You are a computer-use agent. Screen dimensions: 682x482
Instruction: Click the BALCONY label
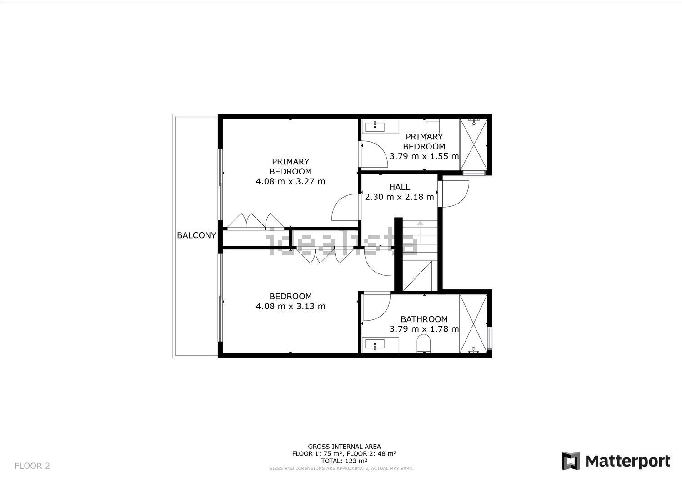click(x=196, y=235)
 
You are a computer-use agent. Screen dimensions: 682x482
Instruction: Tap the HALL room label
click(x=400, y=187)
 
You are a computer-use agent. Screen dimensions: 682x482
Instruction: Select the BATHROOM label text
click(x=424, y=319)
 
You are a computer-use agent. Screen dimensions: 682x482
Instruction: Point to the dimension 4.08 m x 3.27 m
click(x=291, y=181)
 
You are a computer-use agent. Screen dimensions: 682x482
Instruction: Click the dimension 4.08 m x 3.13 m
click(x=291, y=306)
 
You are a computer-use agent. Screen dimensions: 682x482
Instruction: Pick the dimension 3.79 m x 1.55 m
click(x=424, y=156)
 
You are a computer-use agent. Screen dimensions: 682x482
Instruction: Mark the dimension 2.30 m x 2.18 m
click(x=400, y=197)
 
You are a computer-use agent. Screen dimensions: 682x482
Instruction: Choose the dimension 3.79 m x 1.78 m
click(x=424, y=329)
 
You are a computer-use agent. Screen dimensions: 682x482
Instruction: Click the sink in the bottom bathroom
click(x=375, y=344)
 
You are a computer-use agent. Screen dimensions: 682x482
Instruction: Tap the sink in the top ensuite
click(x=375, y=127)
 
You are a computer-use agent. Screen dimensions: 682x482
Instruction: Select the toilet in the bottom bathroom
click(x=423, y=343)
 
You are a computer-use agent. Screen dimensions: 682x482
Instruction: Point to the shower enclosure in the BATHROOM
click(x=473, y=324)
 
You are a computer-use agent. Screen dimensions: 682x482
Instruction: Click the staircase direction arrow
click(x=420, y=232)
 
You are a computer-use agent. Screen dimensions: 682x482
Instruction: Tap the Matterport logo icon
click(x=571, y=461)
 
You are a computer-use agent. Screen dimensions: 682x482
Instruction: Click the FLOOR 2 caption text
click(x=32, y=466)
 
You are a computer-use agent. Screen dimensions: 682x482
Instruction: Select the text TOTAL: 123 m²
click(x=344, y=461)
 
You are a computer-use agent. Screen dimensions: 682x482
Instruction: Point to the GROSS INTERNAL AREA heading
click(x=344, y=447)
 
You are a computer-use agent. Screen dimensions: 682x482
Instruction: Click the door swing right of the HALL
click(x=456, y=194)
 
